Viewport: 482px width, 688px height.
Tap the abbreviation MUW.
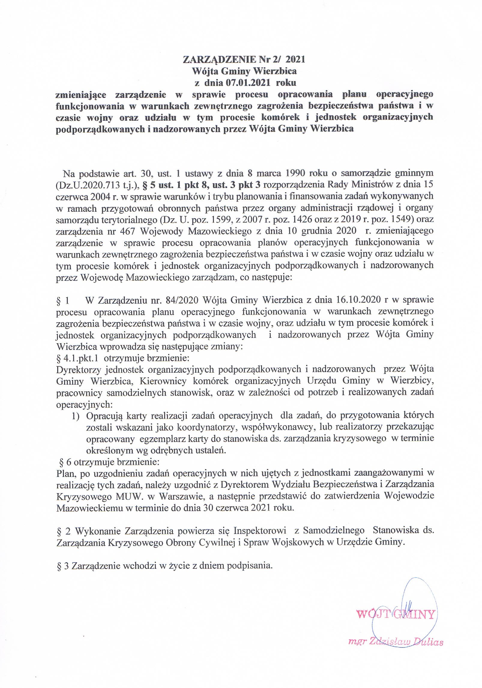click(x=127, y=496)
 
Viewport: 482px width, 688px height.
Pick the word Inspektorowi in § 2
click(x=259, y=530)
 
